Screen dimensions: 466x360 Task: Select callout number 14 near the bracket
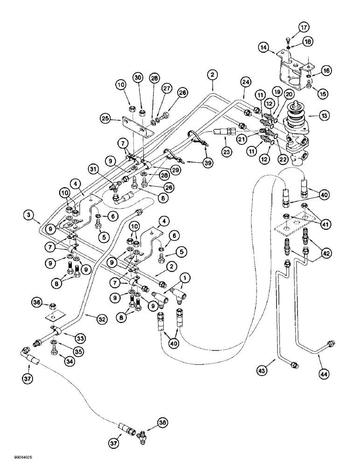265,47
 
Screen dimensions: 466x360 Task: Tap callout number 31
94,169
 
